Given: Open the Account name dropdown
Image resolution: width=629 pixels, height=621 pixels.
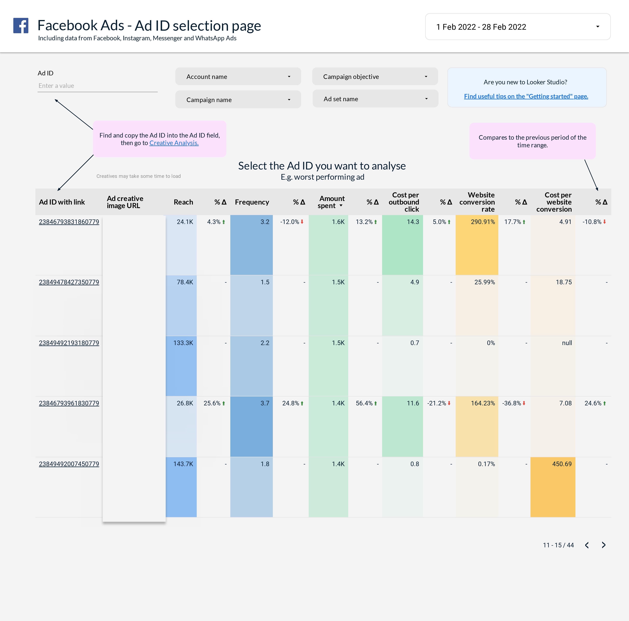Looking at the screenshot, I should pyautogui.click(x=238, y=77).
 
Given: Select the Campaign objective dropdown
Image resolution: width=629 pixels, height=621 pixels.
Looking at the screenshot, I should pyautogui.click(x=375, y=77).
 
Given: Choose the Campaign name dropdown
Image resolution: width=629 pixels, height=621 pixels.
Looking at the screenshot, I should pyautogui.click(x=238, y=100).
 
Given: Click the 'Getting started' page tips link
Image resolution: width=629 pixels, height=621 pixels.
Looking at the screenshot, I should pyautogui.click(x=526, y=96).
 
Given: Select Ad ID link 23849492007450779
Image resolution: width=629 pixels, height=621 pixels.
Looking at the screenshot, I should pyautogui.click(x=69, y=464).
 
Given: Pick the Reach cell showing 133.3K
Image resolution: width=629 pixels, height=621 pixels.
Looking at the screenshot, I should pyautogui.click(x=183, y=343).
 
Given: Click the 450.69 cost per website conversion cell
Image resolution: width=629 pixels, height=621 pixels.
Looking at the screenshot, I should pyautogui.click(x=562, y=464).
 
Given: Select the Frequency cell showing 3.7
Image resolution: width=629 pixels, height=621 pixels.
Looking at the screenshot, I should pyautogui.click(x=265, y=403).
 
